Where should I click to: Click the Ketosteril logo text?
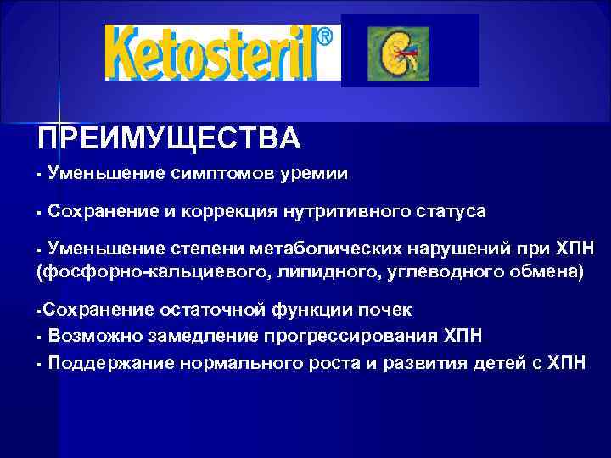(212, 52)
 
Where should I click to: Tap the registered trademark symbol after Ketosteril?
(324, 38)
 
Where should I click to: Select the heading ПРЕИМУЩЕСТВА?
(168, 137)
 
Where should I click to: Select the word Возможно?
(95, 336)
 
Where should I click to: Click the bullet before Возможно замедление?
(40, 337)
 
